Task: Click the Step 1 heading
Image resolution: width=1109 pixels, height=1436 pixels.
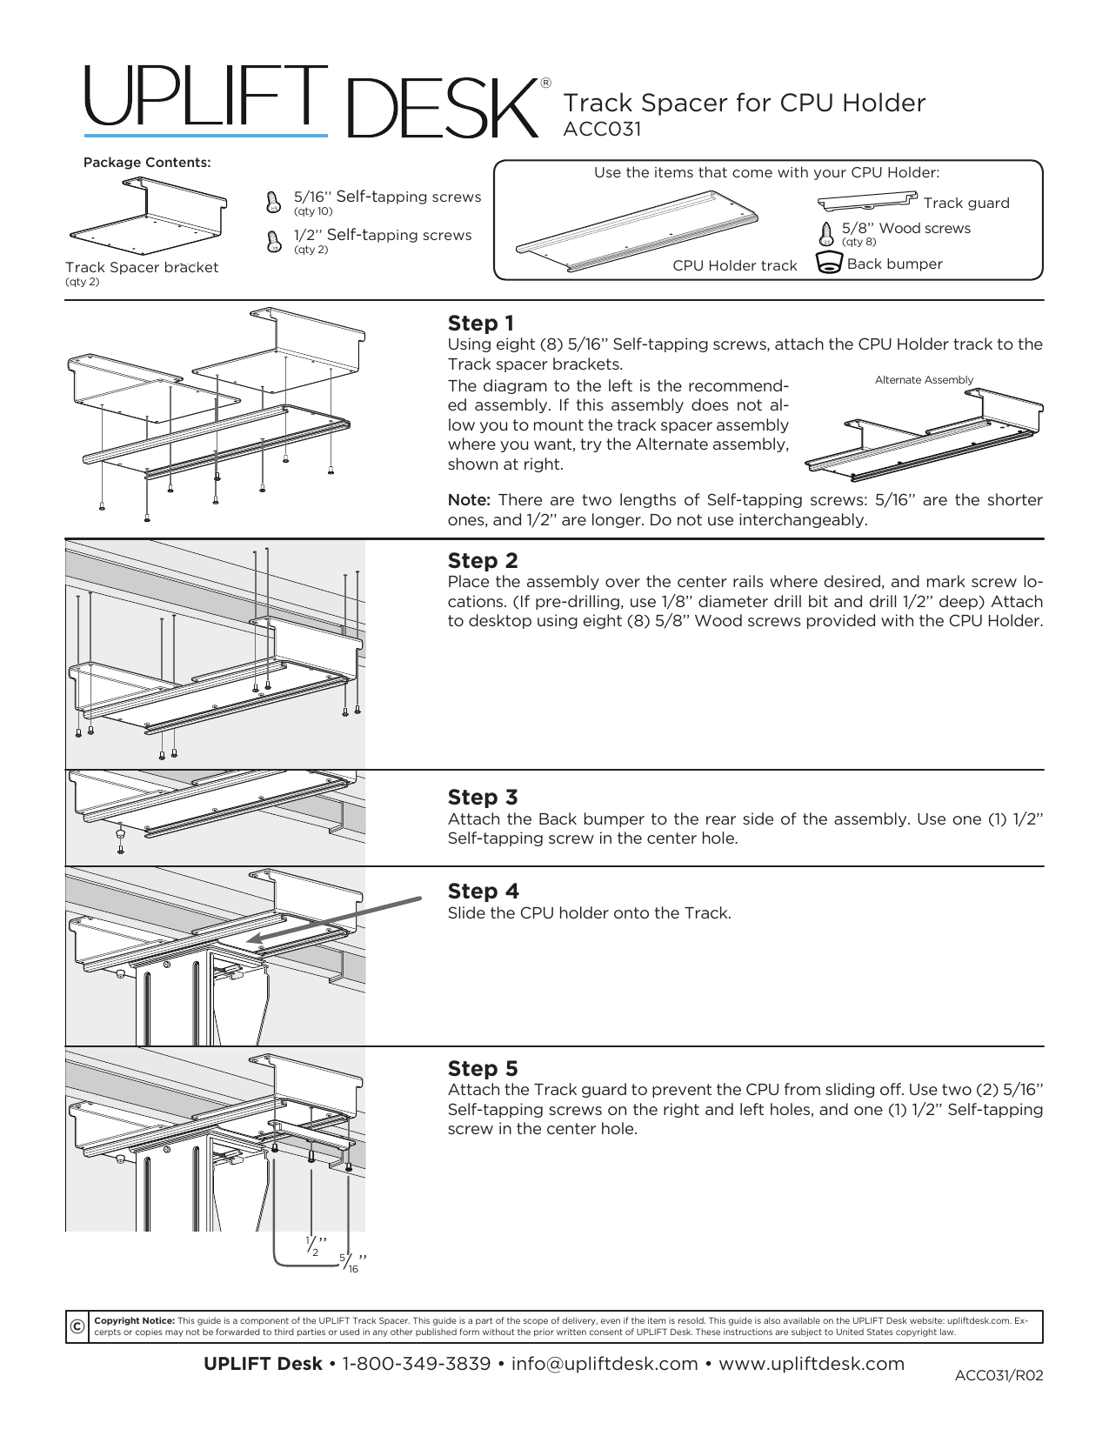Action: click(x=480, y=324)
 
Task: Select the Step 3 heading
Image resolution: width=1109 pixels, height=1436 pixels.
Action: click(x=483, y=798)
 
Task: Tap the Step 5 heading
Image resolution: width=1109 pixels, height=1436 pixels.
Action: click(x=483, y=1068)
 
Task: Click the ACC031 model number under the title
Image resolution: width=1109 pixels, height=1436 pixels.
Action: click(x=602, y=129)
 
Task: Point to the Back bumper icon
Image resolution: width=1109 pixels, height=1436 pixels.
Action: click(x=828, y=263)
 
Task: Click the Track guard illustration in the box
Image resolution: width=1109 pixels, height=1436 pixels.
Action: click(x=867, y=202)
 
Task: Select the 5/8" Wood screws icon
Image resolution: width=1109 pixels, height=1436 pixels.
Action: click(x=827, y=233)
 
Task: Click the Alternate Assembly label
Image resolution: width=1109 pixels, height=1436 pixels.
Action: click(x=924, y=380)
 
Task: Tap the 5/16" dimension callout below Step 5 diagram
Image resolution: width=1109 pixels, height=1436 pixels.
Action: click(x=351, y=1263)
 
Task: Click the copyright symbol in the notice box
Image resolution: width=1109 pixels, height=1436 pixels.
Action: click(x=77, y=1326)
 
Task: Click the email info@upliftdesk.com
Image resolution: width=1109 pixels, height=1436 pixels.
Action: click(x=605, y=1364)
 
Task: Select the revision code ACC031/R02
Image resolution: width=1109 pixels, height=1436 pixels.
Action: click(x=998, y=1375)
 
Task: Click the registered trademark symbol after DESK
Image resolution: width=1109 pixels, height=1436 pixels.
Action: click(x=545, y=83)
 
